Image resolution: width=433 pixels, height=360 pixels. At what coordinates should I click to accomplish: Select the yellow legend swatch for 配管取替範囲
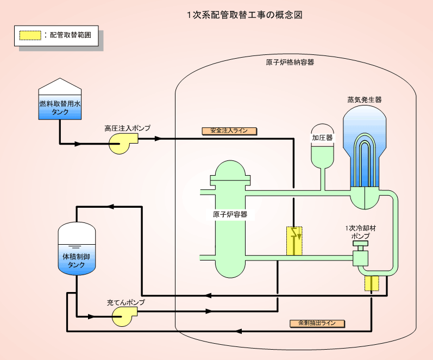[x=30, y=35]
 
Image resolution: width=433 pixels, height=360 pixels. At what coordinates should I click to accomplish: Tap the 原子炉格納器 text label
[x=290, y=62]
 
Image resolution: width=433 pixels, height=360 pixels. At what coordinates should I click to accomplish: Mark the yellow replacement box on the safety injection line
[x=294, y=240]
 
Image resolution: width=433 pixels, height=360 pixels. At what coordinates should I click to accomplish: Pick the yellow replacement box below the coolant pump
[x=372, y=283]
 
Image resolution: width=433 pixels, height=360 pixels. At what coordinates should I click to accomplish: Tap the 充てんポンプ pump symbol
[x=124, y=316]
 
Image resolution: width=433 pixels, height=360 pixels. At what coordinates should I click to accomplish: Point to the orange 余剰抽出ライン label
[x=317, y=323]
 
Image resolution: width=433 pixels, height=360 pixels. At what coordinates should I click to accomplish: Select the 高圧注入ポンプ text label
[x=127, y=128]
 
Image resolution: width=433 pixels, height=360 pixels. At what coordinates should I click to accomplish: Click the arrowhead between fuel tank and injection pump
[x=78, y=144]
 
